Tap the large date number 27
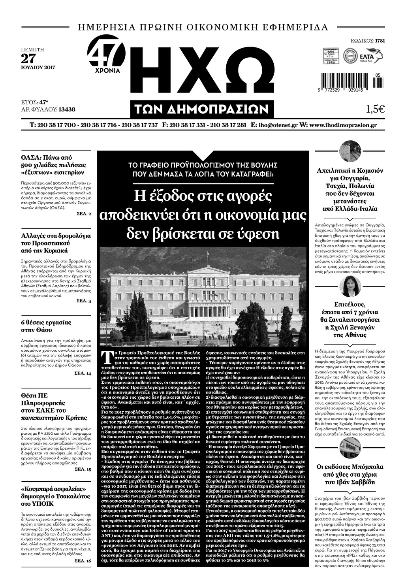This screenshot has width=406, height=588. point(28,58)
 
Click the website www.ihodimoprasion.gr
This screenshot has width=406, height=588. point(342,125)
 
